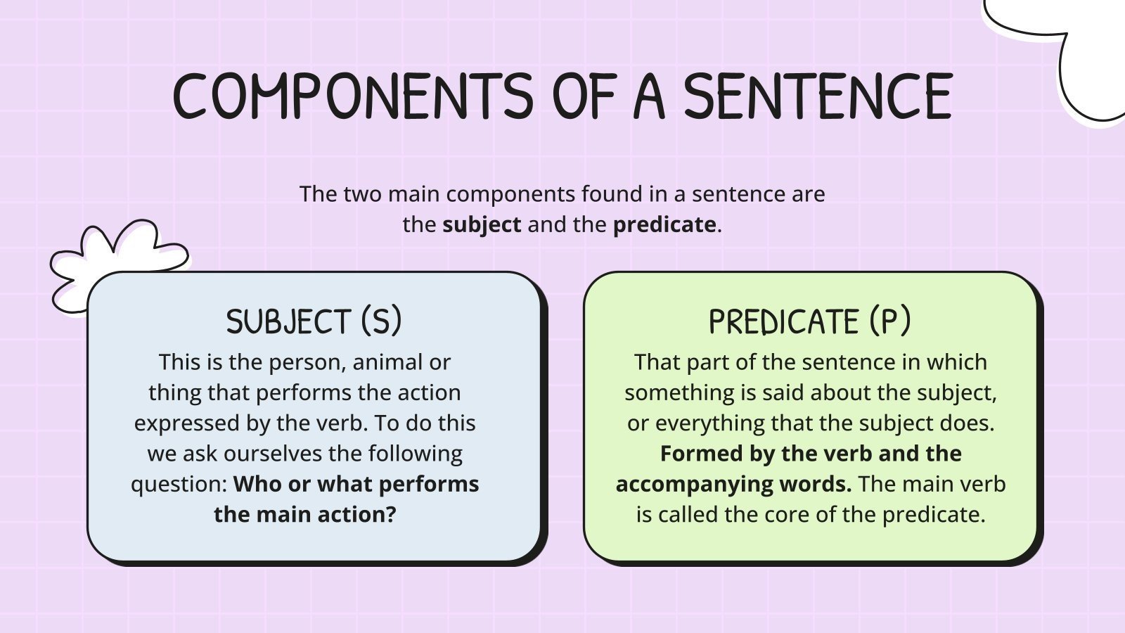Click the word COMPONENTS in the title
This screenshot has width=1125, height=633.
(x=353, y=96)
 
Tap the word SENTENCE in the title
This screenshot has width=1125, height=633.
(x=818, y=96)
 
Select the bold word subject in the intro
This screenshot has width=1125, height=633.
(x=482, y=224)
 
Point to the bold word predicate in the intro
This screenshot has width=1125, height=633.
(x=664, y=224)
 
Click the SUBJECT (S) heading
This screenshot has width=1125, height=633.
(x=314, y=321)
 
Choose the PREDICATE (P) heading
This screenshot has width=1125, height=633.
(x=809, y=321)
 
